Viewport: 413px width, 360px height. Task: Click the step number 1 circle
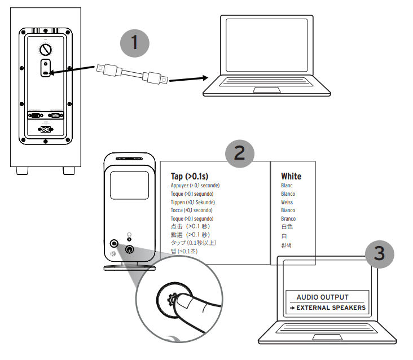[134, 42]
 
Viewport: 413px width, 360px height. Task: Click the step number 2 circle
[240, 153]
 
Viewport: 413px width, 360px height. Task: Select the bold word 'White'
[291, 176]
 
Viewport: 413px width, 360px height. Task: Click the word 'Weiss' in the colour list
[288, 202]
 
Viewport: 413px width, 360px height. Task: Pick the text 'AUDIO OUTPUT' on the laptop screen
[323, 297]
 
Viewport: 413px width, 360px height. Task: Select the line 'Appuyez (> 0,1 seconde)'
[195, 186]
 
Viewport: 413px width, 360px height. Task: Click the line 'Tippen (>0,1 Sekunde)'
[193, 202]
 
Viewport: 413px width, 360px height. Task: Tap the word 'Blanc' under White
[287, 186]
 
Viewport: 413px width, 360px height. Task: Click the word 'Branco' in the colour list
[288, 218]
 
